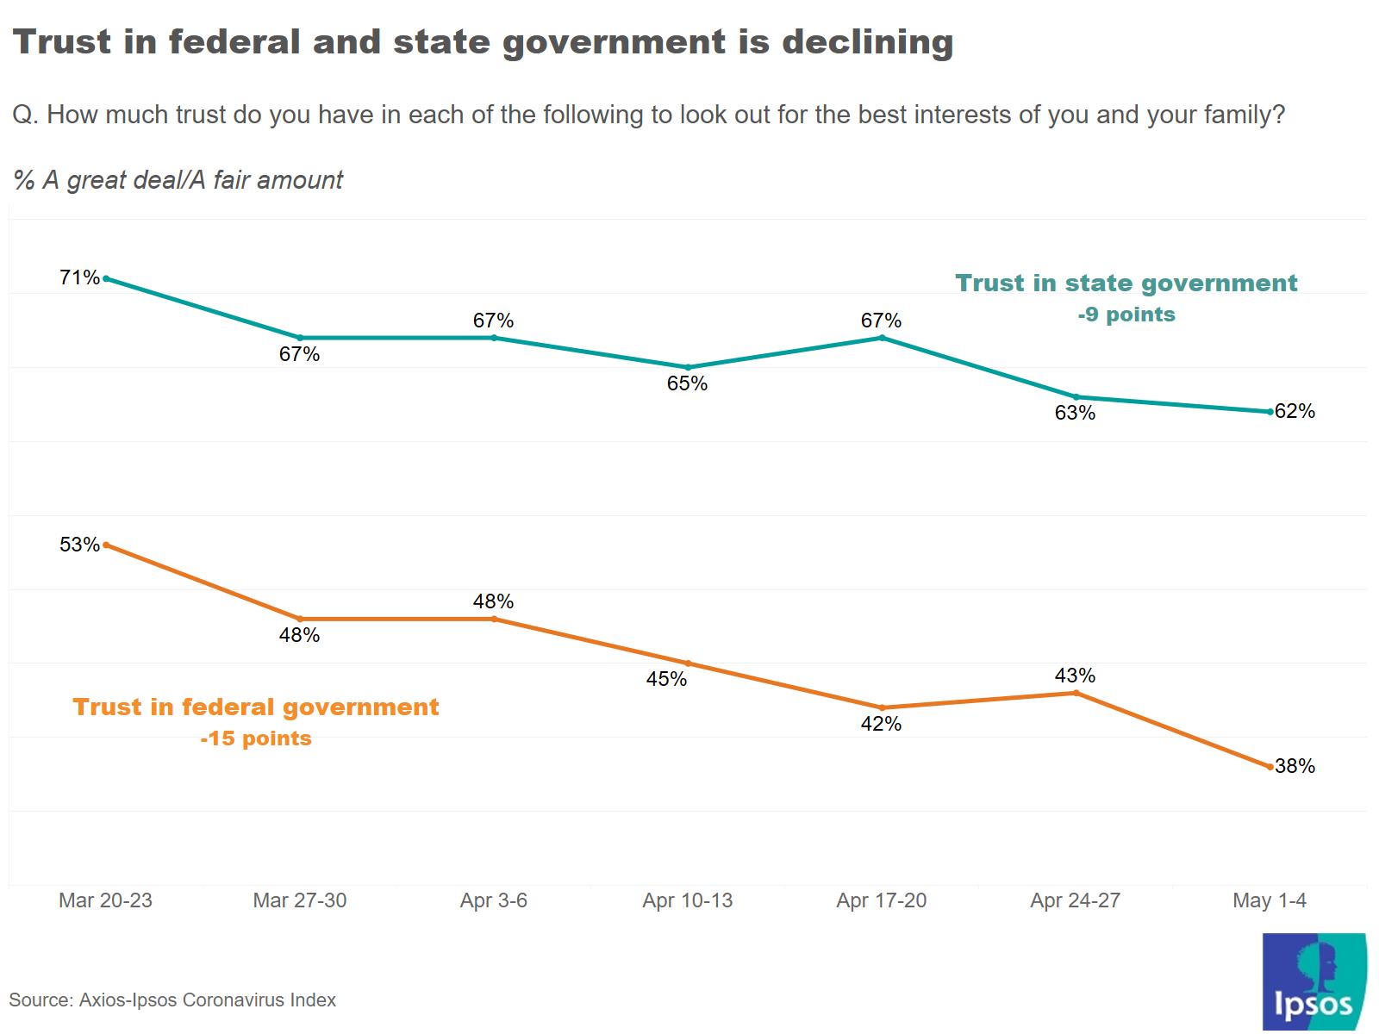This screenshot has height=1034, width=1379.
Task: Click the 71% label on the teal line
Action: (79, 277)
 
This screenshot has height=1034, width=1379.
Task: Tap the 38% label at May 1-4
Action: (1295, 766)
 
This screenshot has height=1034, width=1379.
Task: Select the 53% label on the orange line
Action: (79, 545)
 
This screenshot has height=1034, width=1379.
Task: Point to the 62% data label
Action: (1295, 411)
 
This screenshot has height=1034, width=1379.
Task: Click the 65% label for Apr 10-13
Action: (687, 383)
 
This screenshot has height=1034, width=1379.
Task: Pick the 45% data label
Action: (666, 679)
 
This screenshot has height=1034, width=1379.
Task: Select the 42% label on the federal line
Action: (881, 724)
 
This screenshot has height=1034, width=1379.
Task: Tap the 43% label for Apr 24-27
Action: (1075, 676)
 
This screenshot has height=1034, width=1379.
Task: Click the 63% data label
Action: (1075, 413)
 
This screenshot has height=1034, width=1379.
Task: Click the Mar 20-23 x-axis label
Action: (105, 900)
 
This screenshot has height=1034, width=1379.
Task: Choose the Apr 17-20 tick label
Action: (881, 900)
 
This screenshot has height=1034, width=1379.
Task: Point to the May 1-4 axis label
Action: (1269, 900)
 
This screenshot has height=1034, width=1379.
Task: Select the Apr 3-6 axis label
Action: (493, 900)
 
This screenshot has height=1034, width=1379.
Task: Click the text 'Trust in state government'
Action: (1126, 283)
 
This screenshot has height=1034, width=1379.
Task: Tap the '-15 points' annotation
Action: (256, 738)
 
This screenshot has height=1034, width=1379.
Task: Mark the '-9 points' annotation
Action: (1126, 315)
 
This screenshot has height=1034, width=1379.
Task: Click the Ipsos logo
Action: (1313, 982)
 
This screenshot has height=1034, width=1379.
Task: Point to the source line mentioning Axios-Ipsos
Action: (172, 1000)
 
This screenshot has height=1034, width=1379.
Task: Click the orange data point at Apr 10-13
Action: (688, 663)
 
